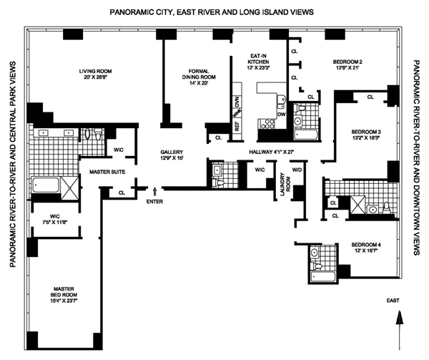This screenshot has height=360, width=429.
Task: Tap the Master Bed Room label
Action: (65, 291)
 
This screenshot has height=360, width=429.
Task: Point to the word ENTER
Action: (155, 203)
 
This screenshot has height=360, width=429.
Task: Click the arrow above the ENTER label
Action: (155, 191)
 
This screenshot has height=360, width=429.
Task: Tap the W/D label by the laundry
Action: (295, 170)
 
